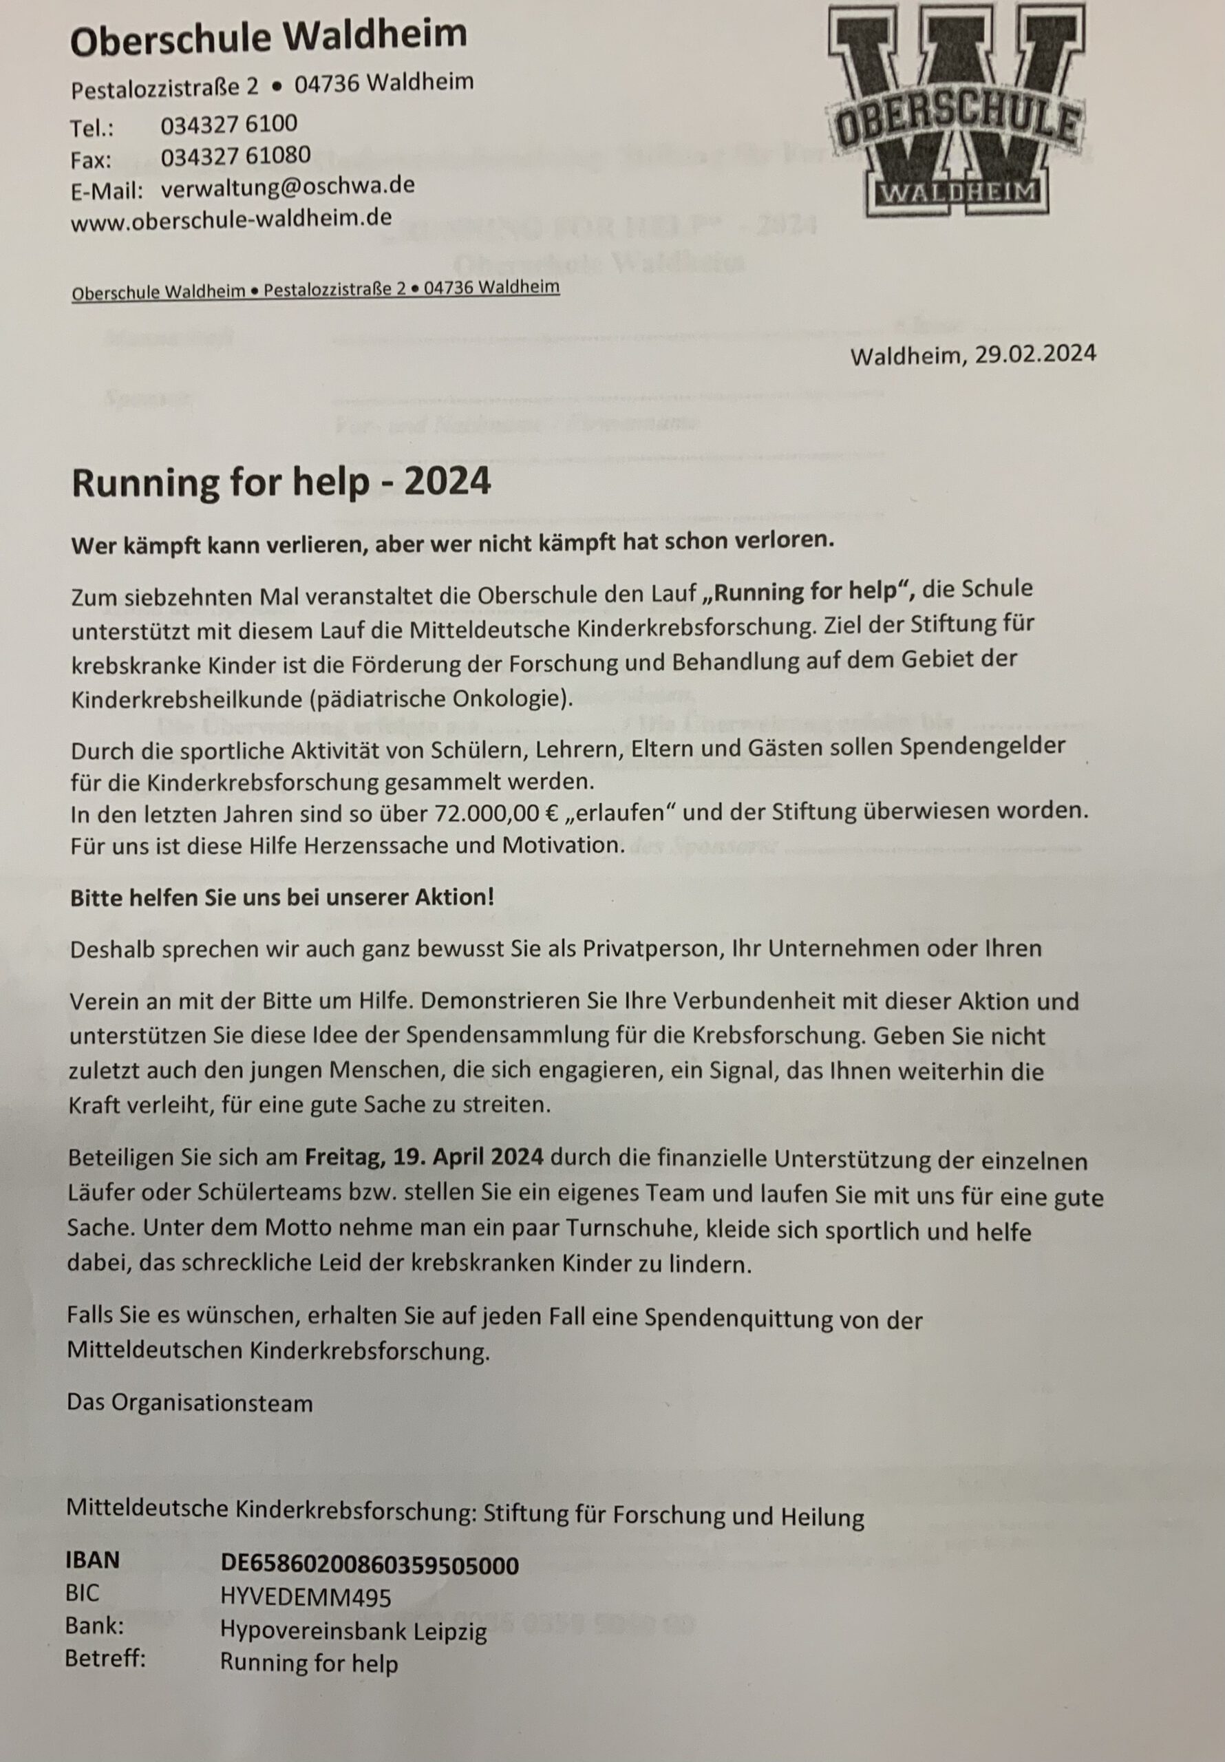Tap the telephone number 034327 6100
(x=228, y=125)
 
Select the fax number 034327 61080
(x=235, y=156)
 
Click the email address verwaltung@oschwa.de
(x=288, y=187)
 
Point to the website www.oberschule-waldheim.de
(x=231, y=220)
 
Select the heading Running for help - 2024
(x=280, y=483)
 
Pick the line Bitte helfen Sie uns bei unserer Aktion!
(x=281, y=897)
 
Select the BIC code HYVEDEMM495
(x=306, y=1576)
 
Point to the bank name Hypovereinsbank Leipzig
(x=353, y=1609)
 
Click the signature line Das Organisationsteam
(x=189, y=1403)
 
